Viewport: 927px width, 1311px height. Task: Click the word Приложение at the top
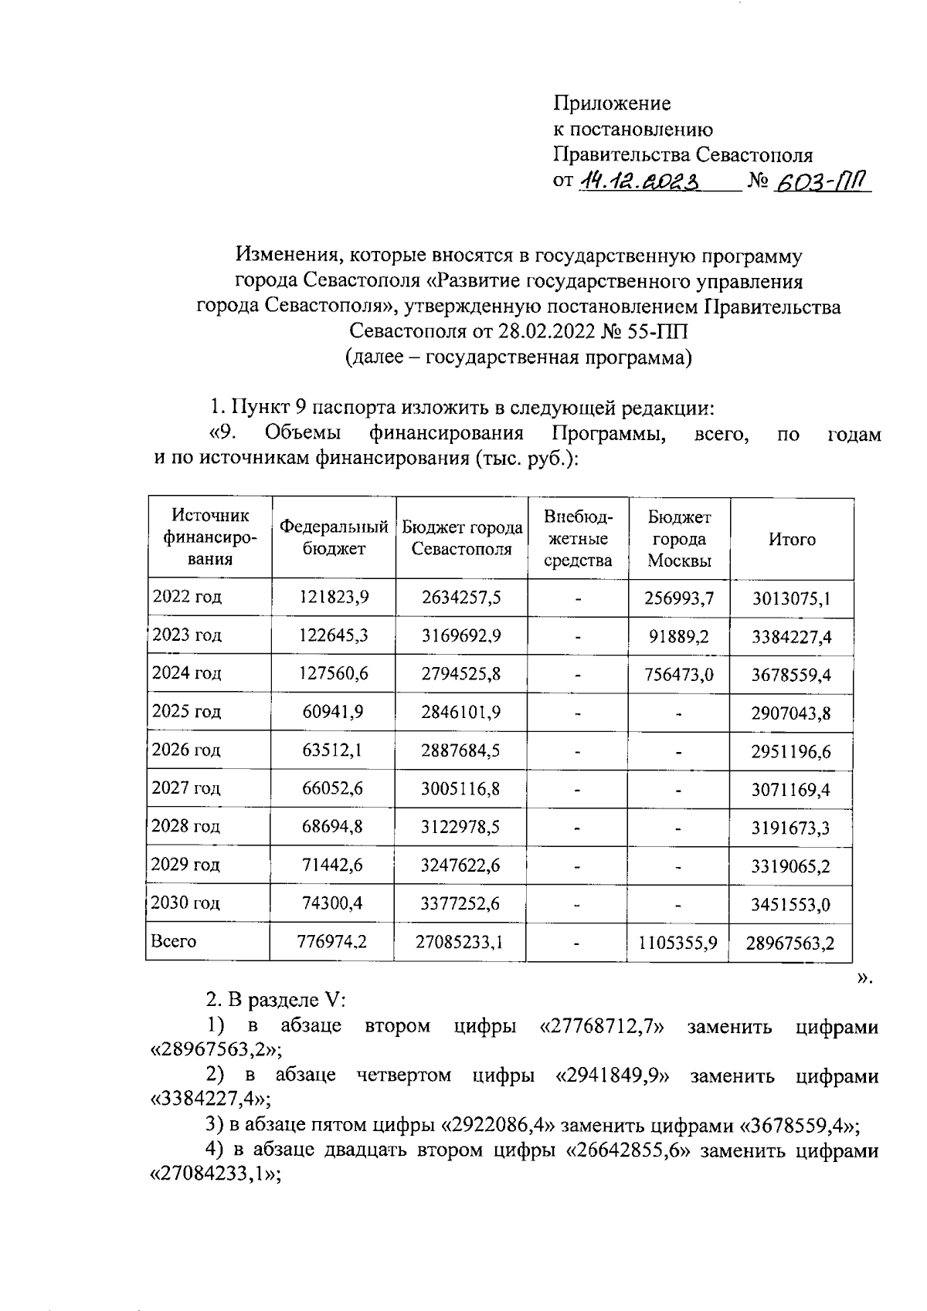click(x=612, y=103)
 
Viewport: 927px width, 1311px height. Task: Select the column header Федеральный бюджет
click(x=334, y=538)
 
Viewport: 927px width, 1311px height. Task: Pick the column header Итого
click(x=792, y=540)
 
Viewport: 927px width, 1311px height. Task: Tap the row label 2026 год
click(x=186, y=750)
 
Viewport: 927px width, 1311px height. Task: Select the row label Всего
click(x=174, y=941)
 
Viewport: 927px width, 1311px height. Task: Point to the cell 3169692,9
click(x=461, y=635)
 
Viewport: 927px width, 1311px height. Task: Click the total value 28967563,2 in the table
click(x=790, y=943)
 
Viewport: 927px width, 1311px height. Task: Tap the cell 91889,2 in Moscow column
click(x=679, y=636)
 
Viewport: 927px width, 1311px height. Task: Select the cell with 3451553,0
click(x=791, y=904)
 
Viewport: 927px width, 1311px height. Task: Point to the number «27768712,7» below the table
click(x=601, y=1028)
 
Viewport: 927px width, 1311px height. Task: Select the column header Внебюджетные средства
click(x=578, y=539)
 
